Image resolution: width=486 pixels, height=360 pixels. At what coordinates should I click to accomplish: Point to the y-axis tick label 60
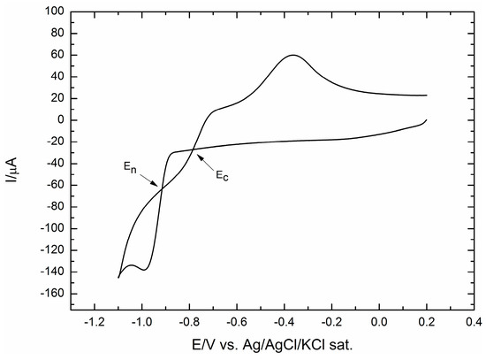(x=57, y=56)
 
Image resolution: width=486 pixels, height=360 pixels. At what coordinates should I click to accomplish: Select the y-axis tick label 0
(x=59, y=120)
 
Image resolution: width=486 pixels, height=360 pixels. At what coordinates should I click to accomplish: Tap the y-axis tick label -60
(x=55, y=185)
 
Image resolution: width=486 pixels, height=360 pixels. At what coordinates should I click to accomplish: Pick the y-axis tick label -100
(x=51, y=228)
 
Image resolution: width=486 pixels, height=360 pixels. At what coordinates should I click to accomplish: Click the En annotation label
(x=129, y=165)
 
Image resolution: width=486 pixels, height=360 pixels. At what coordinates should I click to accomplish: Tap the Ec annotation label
(x=224, y=175)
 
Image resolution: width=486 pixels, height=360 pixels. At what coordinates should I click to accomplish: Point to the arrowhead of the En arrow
(x=161, y=185)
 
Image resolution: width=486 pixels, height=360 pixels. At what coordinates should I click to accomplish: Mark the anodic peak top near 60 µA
(x=293, y=55)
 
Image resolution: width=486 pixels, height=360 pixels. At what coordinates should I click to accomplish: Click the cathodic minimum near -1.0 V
(x=142, y=269)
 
